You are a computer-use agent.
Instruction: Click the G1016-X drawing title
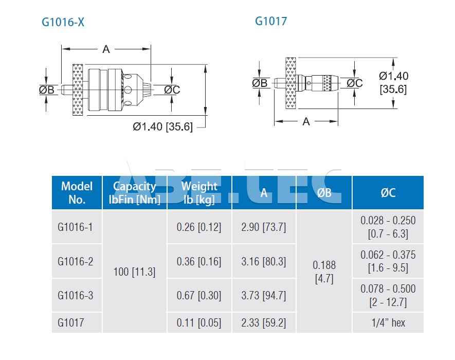(63, 22)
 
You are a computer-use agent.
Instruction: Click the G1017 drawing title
(271, 21)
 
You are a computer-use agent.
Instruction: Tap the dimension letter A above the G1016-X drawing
(106, 49)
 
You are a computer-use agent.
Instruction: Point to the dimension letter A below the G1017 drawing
(306, 121)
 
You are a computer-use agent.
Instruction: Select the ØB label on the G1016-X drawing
(47, 89)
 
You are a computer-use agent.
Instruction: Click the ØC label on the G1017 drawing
(355, 83)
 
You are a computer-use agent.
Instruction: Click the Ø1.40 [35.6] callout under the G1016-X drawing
(163, 127)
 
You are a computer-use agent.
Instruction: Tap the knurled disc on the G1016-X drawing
(78, 89)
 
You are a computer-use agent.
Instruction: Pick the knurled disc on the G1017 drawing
(291, 83)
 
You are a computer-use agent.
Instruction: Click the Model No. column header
(77, 192)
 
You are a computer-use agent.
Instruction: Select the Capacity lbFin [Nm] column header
(134, 192)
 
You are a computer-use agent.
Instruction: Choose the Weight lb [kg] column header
(199, 192)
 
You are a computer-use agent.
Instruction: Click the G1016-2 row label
(76, 261)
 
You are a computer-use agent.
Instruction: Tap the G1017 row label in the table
(71, 322)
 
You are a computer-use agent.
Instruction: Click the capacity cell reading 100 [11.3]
(134, 272)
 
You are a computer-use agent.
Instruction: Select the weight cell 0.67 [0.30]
(199, 296)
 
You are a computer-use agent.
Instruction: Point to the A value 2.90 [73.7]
(263, 227)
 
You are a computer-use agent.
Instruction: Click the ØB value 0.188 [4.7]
(324, 272)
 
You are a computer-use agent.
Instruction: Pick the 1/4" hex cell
(388, 322)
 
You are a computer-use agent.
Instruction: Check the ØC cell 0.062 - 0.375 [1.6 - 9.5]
(388, 261)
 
